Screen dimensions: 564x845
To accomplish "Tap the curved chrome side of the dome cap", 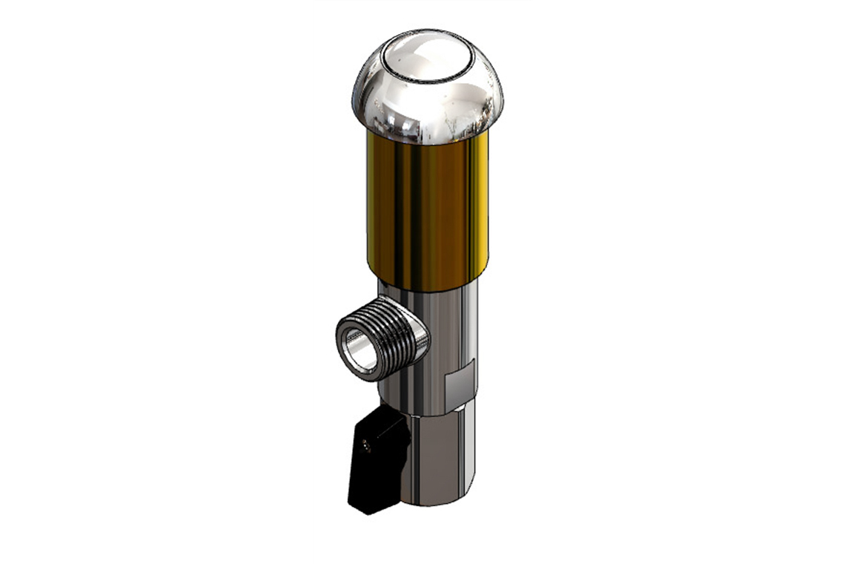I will pyautogui.click(x=385, y=104).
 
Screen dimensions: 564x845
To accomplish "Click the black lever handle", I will pyautogui.click(x=378, y=464).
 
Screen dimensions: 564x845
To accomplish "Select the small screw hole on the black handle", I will pyautogui.click(x=366, y=447).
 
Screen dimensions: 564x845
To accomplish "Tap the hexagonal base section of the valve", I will pyautogui.click(x=437, y=460).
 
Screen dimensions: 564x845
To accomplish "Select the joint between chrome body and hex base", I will pyautogui.click(x=437, y=414).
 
